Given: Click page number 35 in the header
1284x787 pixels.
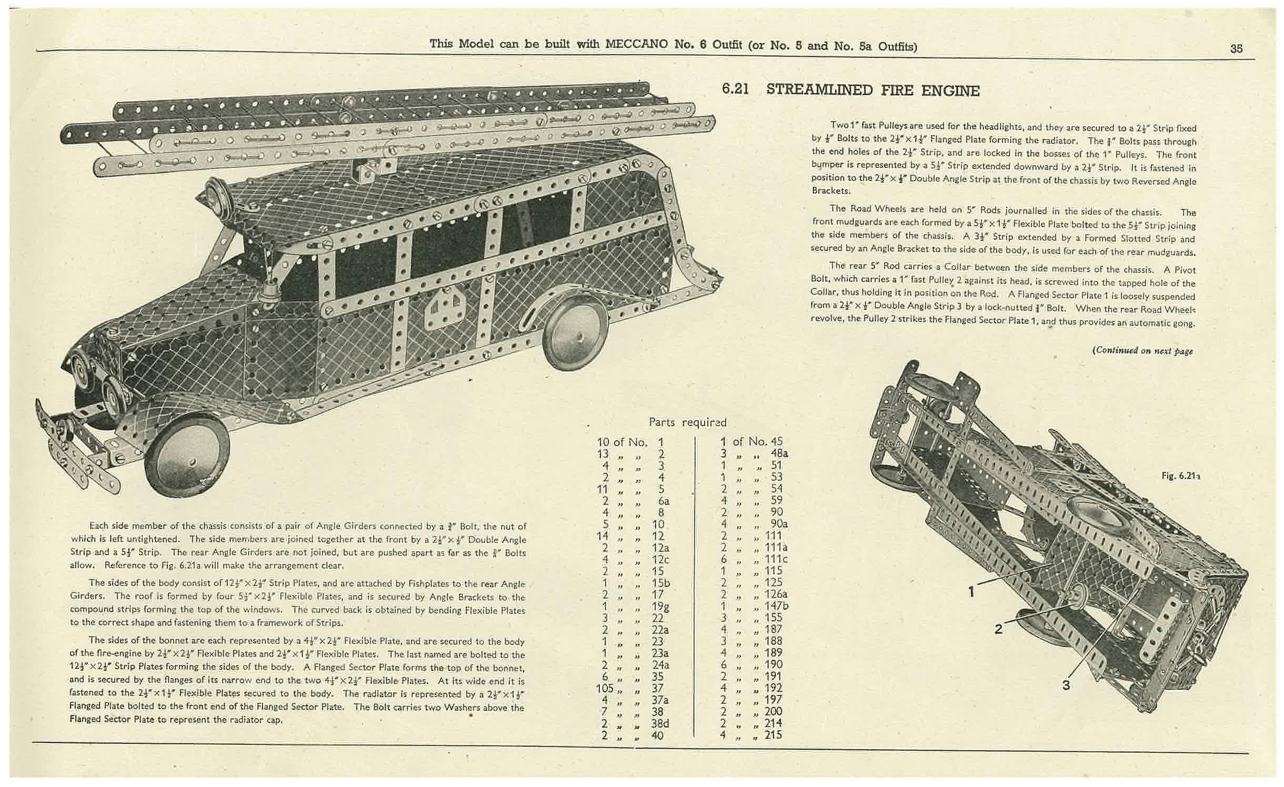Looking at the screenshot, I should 1236,48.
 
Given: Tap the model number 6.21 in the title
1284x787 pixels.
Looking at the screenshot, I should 735,89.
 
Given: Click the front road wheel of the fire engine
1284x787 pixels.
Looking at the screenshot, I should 193,455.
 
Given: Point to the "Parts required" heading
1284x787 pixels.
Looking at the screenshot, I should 687,422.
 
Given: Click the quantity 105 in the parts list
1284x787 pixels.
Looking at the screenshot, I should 606,688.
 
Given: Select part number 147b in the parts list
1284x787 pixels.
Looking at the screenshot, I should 777,606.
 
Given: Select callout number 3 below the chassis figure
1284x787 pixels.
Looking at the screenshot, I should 1066,685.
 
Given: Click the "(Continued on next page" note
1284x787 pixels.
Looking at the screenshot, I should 1142,351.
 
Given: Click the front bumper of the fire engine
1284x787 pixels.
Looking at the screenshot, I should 74,452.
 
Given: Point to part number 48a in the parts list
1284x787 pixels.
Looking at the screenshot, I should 779,453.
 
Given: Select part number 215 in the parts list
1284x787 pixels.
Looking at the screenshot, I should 773,734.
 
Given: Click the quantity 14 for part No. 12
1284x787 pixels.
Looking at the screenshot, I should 603,536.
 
